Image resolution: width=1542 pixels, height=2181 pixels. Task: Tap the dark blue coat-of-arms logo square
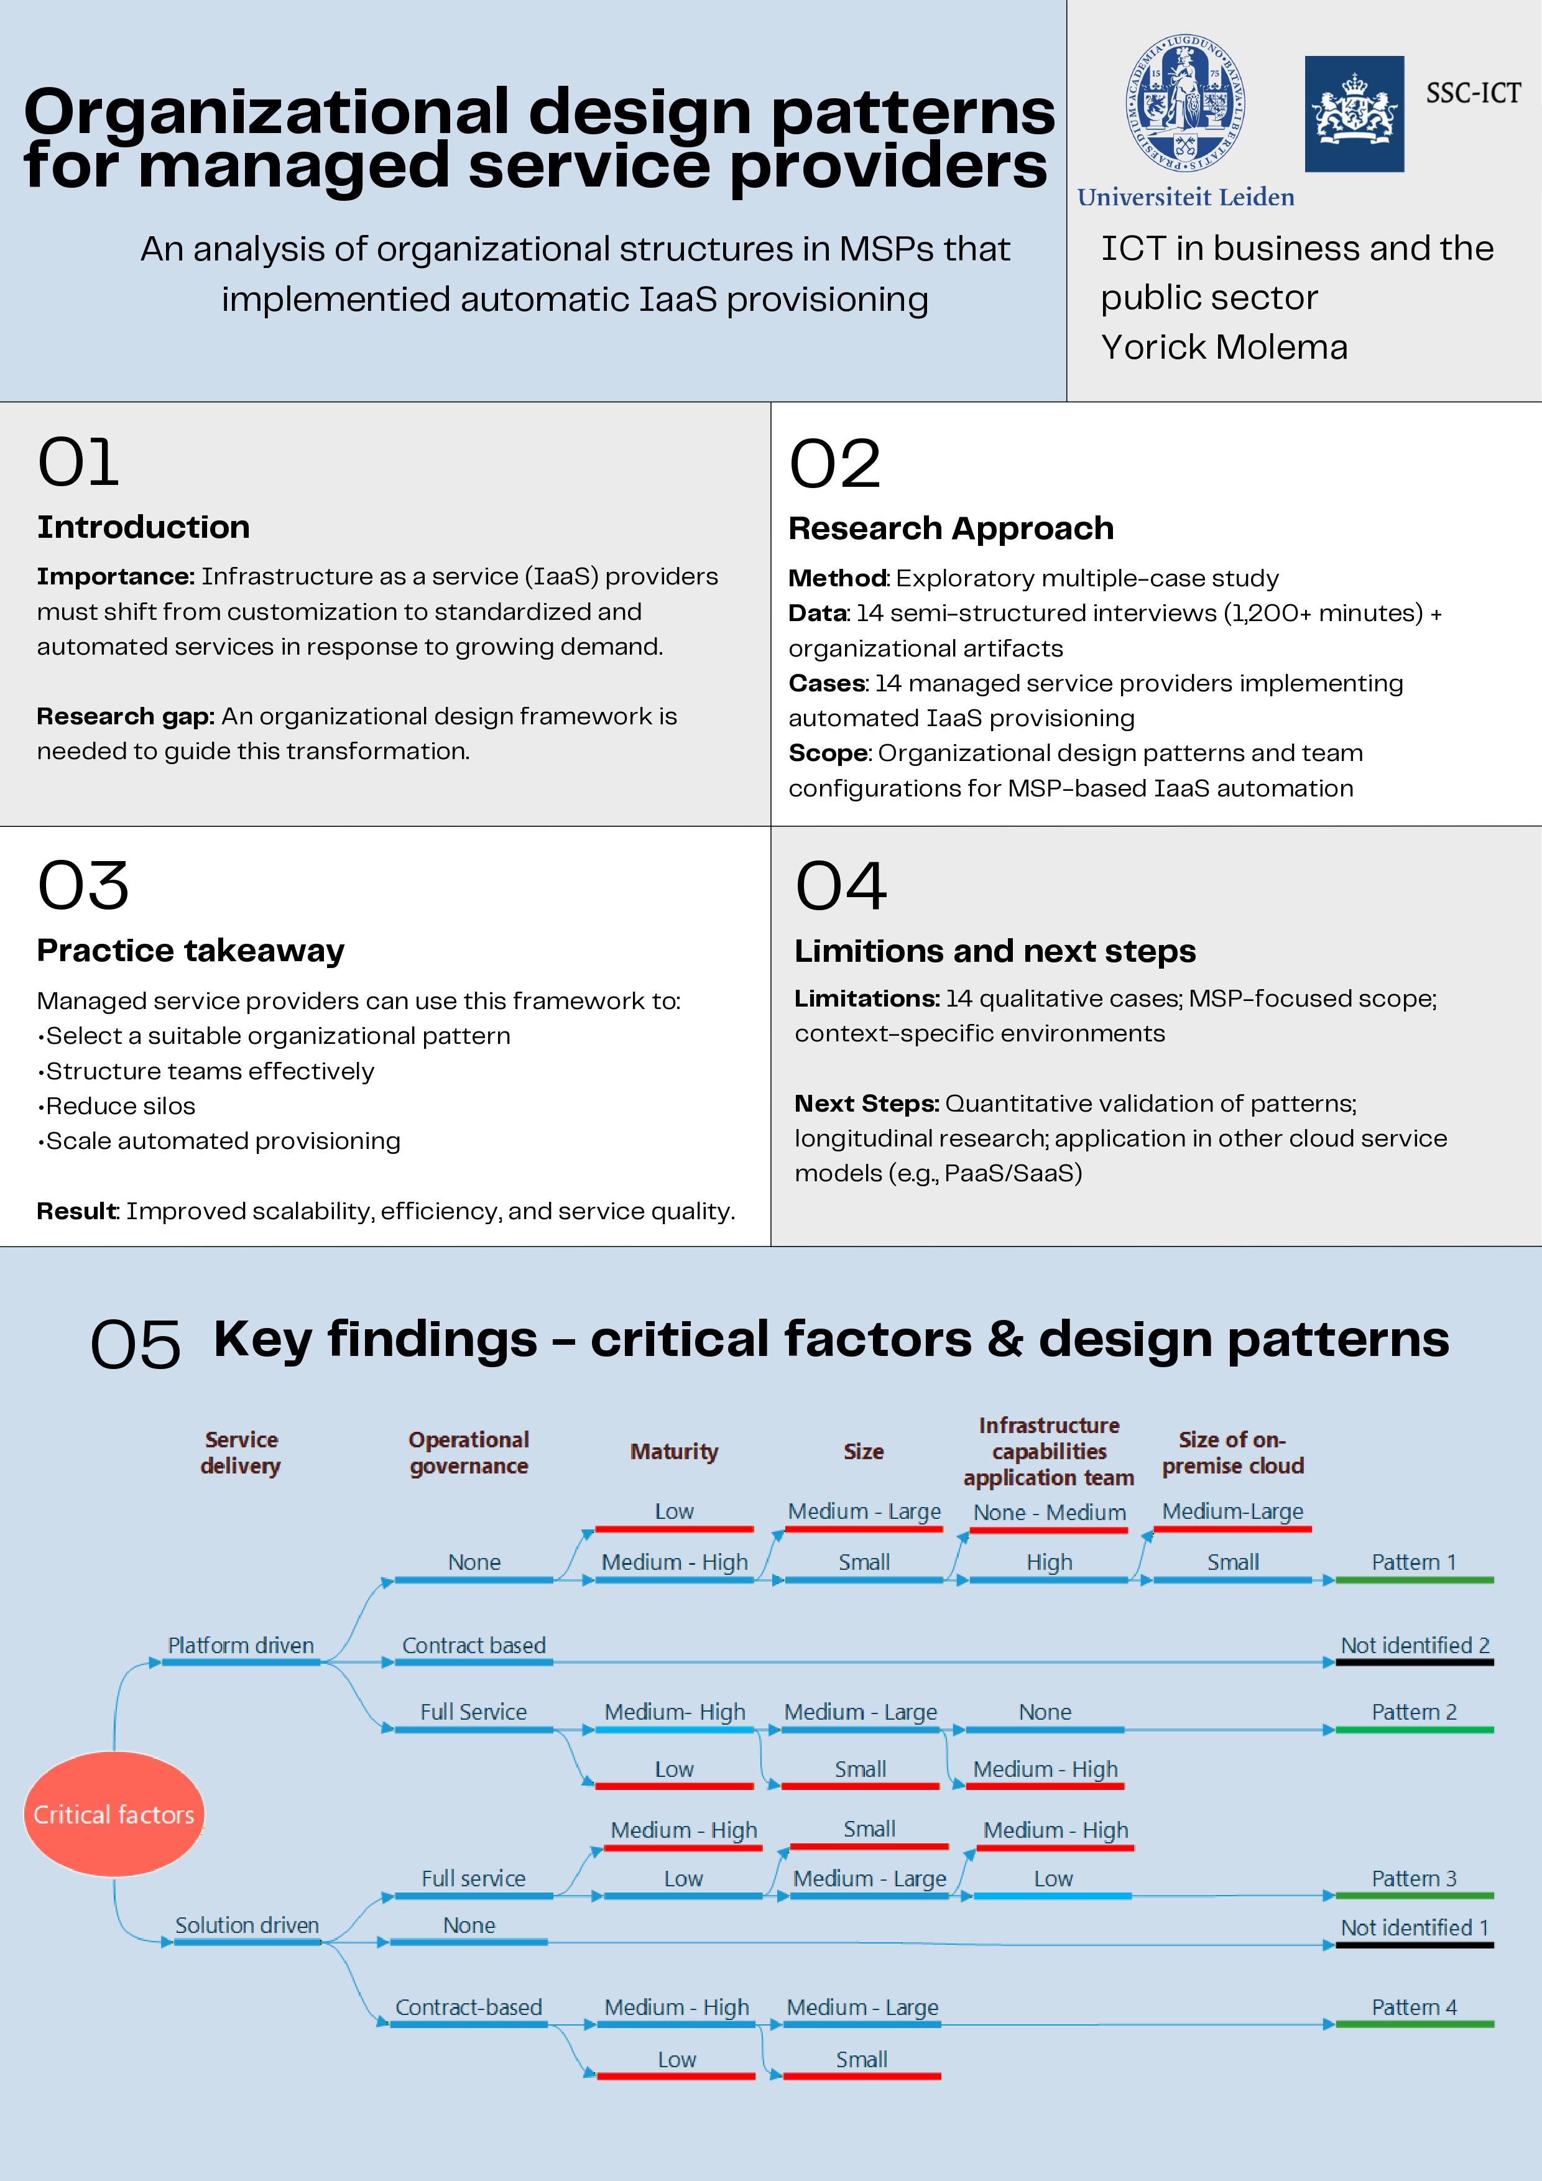coord(1354,114)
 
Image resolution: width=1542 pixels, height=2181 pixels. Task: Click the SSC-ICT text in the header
coord(1472,93)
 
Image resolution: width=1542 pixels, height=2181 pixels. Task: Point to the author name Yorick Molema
coord(1224,348)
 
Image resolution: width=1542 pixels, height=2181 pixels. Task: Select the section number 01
coord(78,464)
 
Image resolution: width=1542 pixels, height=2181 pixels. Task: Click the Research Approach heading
coord(951,528)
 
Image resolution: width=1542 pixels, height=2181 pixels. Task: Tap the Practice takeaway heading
coord(190,951)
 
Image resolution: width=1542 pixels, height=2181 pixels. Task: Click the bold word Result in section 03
coord(76,1211)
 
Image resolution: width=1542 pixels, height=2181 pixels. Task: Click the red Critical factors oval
coord(114,1814)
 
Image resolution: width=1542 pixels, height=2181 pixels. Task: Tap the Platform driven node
coord(241,1645)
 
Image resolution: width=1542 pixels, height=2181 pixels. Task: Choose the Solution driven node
coord(247,1925)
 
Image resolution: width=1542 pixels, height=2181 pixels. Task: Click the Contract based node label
coord(474,1645)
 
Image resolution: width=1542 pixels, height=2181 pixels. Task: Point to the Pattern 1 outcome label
coord(1414,1562)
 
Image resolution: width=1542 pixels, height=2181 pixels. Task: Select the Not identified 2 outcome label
coord(1415,1645)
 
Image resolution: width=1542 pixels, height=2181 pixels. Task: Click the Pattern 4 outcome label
coord(1414,2007)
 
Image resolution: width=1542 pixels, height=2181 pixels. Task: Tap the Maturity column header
coord(675,1452)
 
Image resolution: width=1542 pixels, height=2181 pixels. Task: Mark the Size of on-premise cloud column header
coord(1233,1452)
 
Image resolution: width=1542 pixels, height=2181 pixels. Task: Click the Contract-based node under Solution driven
coord(468,2007)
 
